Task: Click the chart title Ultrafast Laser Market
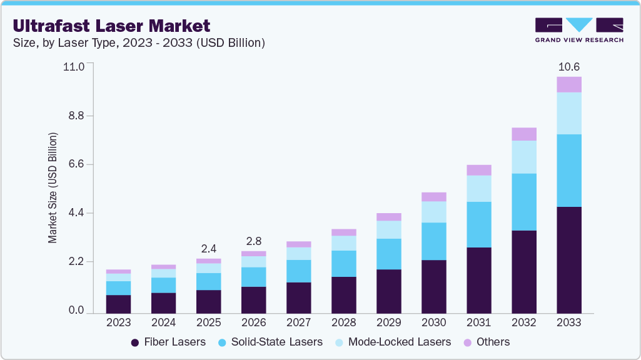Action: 111,26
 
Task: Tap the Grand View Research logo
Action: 578,29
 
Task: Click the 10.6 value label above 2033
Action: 568,66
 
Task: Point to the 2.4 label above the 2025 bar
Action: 208,248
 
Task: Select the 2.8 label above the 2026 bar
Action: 253,241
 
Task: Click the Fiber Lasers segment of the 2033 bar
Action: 568,259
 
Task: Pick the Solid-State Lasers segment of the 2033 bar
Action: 568,170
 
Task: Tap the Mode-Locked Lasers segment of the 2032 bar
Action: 523,157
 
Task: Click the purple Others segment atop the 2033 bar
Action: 568,84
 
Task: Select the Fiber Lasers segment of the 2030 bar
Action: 433,286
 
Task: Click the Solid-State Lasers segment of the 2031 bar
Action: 478,224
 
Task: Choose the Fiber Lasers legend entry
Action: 168,342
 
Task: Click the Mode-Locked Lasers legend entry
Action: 392,342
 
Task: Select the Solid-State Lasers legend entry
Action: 270,342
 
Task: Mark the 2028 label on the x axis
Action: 343,322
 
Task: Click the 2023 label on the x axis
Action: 118,322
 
